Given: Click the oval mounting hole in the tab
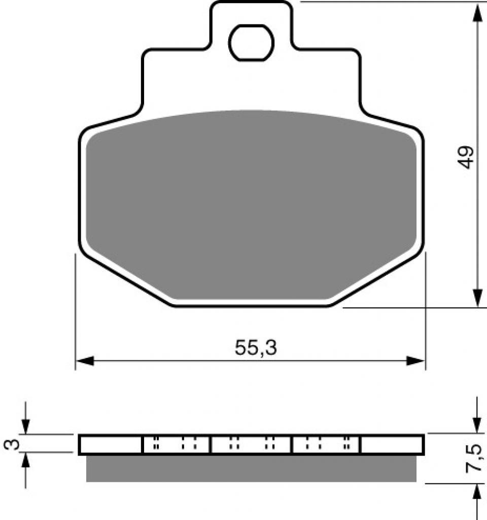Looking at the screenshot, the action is pos(252,43).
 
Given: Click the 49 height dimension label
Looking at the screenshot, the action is pos(467,157).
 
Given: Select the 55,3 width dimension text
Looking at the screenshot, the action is pos(256,348).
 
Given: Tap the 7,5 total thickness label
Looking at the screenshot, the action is pos(473,458).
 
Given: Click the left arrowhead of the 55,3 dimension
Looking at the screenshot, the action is pos(85,361).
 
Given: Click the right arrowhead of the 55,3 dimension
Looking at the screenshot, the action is pos(415,361).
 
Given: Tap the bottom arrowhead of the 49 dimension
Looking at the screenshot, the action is pos(477,298).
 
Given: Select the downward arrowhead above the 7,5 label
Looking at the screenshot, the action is pos(477,424).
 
